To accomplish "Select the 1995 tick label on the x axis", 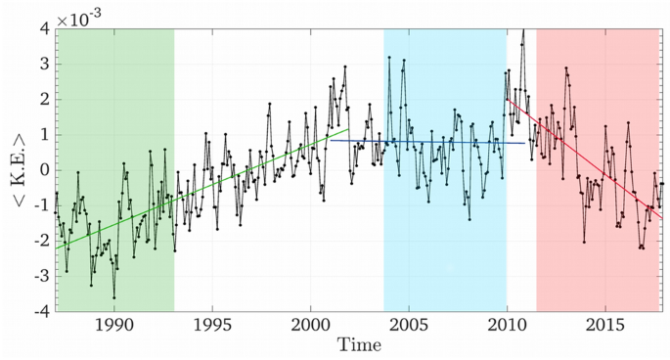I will [212, 325].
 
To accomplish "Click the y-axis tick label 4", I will [44, 28].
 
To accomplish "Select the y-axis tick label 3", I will [44, 64].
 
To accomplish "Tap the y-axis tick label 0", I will [44, 170].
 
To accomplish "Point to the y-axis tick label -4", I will [40, 311].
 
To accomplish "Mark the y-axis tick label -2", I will [40, 241].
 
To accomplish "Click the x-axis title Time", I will [359, 345].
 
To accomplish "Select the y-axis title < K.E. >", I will [13, 169].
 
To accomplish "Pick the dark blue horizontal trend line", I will [440, 142].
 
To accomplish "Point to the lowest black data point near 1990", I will [113, 296].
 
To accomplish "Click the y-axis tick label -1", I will [40, 205].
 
